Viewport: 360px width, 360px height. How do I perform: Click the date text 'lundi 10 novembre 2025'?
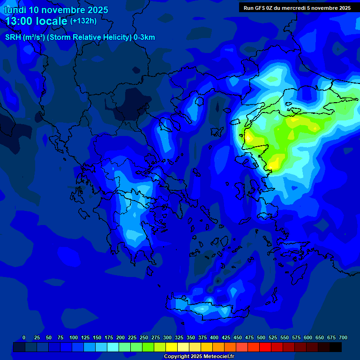click(56, 10)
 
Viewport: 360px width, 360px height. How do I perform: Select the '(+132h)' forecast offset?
click(83, 21)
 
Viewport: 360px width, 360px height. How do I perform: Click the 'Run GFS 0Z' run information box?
click(297, 8)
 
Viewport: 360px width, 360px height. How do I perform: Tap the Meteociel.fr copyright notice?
click(199, 357)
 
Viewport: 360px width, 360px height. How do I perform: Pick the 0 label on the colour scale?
click(24, 338)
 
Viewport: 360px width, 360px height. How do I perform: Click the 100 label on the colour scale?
click(73, 338)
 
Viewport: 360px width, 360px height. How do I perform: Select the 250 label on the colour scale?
click(143, 338)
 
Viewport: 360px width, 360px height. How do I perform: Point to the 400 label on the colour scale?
click(214, 338)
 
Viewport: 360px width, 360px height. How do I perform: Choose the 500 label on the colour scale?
click(261, 338)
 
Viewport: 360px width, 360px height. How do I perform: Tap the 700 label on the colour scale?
click(343, 338)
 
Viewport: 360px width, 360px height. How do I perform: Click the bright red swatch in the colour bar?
click(265, 347)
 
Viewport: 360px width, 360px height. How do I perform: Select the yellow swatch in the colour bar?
click(172, 347)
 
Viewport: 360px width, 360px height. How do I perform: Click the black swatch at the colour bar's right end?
click(336, 347)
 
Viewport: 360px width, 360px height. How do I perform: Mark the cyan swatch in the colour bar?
click(113, 347)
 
